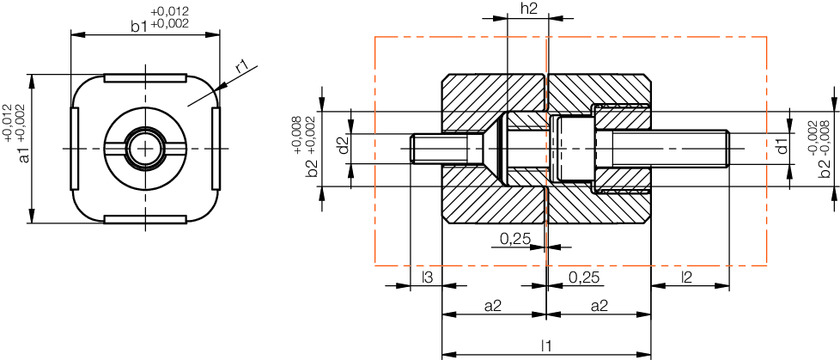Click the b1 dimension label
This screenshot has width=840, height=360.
pos(139,26)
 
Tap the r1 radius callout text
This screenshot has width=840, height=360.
pos(243,66)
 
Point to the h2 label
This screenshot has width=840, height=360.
pos(529,9)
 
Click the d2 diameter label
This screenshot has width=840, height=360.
pos(344,145)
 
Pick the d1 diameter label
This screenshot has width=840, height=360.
pos(783,146)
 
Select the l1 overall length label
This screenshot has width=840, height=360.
pos(546,346)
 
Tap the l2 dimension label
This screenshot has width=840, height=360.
pos(687,278)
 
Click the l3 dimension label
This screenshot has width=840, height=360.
pos(427,278)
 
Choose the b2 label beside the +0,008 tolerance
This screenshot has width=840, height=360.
pos(313,169)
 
